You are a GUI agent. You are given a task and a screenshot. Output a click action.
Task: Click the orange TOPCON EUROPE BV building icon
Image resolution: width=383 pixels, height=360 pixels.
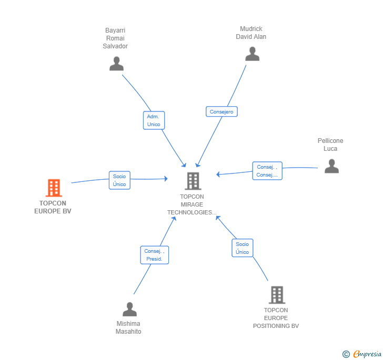[54, 188]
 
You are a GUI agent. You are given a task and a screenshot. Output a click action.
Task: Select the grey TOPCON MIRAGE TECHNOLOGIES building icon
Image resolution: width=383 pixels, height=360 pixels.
[193, 181]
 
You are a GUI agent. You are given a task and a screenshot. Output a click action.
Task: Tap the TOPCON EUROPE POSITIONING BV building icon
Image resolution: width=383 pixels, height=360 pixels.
[277, 295]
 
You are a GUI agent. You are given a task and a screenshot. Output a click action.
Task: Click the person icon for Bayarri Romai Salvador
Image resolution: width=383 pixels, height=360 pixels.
[116, 64]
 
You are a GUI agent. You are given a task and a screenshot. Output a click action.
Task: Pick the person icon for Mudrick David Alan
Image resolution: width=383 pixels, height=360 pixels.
[253, 54]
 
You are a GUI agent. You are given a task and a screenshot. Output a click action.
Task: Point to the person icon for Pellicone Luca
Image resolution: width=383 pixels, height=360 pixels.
[331, 166]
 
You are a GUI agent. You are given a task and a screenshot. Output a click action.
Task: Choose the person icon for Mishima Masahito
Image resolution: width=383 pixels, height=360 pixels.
[130, 309]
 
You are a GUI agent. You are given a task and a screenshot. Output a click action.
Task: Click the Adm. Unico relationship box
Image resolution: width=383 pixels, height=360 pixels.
[154, 120]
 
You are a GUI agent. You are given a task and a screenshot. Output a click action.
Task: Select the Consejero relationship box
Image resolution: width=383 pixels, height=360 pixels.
[221, 111]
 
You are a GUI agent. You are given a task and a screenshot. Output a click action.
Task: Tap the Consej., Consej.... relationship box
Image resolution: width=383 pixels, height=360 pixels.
[267, 171]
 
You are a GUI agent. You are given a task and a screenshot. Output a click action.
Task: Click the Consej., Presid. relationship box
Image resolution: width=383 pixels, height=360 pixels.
[155, 255]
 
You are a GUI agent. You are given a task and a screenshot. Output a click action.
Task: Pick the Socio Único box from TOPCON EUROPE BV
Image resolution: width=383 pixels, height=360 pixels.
[119, 180]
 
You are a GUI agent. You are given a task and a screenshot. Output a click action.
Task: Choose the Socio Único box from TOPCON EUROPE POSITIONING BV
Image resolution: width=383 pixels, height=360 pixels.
[243, 248]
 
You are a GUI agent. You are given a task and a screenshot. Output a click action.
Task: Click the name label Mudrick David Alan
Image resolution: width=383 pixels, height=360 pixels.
[251, 33]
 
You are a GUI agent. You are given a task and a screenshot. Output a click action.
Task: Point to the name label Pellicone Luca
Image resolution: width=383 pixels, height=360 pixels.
[330, 145]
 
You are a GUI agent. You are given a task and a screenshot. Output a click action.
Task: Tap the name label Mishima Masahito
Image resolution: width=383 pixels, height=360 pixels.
[128, 327]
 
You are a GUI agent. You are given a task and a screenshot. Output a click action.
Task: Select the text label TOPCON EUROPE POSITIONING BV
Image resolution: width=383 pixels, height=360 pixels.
[276, 318]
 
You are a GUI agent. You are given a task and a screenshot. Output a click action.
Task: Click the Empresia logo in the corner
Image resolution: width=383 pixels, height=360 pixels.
[362, 354]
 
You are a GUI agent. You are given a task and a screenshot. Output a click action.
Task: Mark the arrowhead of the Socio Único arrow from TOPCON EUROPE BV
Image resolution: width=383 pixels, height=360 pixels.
[166, 179]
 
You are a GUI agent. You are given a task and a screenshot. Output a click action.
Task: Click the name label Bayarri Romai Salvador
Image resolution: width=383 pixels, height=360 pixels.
[115, 38]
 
